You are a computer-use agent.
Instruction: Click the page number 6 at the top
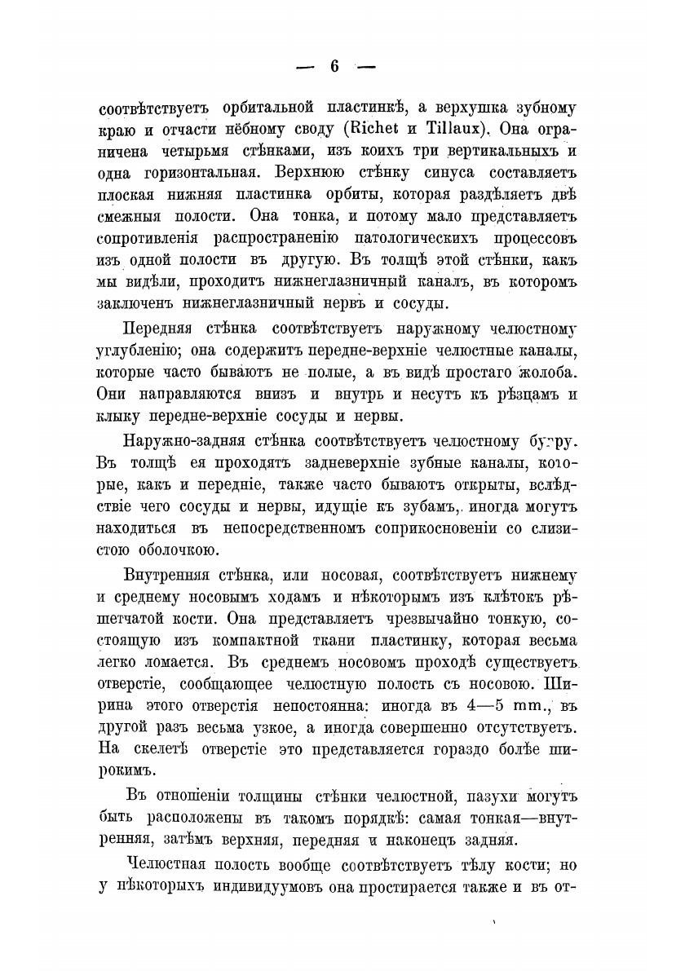point(334,67)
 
